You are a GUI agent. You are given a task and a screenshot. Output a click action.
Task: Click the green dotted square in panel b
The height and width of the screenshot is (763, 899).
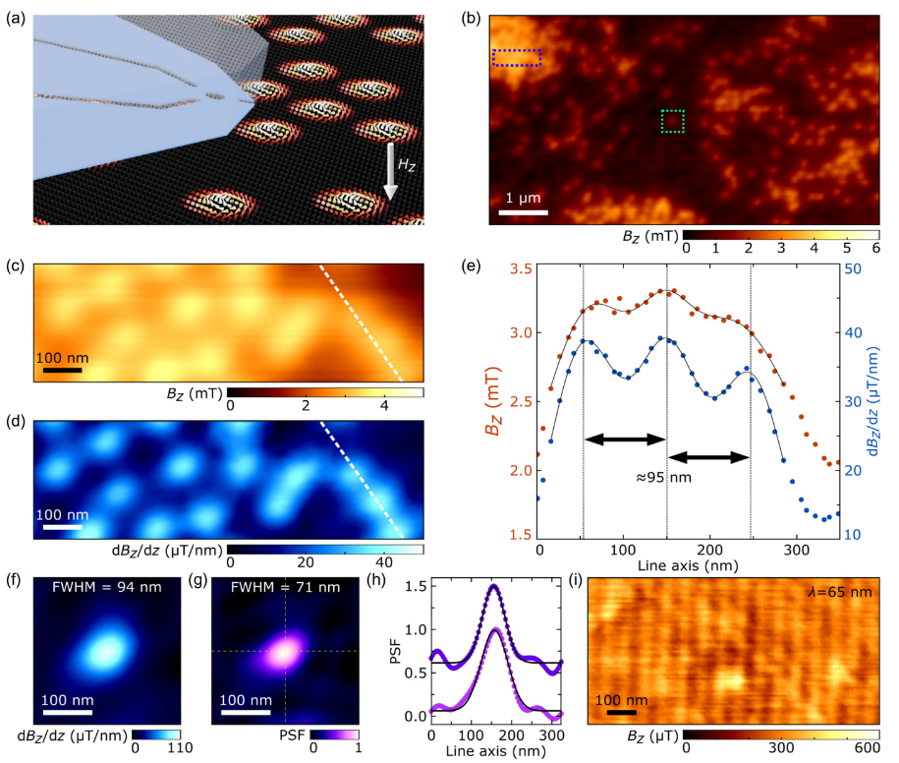point(673,121)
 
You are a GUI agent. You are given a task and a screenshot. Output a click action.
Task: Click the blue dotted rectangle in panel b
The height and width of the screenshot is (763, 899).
point(517,58)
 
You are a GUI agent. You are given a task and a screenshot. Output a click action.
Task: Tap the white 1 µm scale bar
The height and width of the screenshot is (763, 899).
point(521,211)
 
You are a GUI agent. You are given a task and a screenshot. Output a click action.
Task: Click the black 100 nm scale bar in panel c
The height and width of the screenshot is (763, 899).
point(62,371)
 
